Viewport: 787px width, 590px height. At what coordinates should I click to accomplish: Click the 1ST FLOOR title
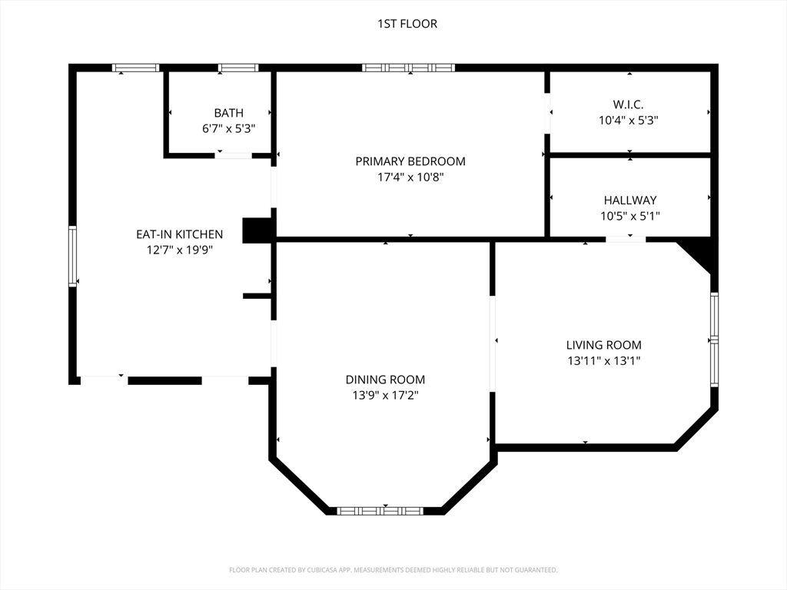(x=407, y=24)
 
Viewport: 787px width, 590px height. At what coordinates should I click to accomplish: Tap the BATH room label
(x=229, y=113)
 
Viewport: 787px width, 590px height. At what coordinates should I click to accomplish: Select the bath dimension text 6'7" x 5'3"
(x=229, y=129)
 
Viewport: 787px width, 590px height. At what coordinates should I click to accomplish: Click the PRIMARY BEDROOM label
(x=410, y=161)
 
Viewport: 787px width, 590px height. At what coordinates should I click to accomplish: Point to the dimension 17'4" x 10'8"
(x=410, y=177)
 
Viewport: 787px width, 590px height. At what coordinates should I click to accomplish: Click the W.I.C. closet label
(x=629, y=104)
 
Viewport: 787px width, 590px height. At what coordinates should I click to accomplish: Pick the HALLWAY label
(x=630, y=201)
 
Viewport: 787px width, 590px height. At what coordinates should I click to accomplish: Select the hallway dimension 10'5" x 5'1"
(x=630, y=216)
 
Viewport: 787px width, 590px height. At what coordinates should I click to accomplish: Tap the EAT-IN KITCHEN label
(x=180, y=234)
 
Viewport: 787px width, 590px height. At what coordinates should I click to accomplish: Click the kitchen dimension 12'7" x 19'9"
(x=180, y=250)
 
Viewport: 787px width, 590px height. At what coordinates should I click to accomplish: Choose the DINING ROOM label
(x=386, y=380)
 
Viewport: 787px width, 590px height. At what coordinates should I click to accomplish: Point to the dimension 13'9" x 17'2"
(x=386, y=396)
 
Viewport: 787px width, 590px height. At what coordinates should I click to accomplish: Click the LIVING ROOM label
(x=604, y=345)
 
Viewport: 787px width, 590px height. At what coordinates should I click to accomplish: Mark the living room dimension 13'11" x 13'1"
(x=604, y=361)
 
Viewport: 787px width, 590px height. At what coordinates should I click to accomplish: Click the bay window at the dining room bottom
(x=380, y=511)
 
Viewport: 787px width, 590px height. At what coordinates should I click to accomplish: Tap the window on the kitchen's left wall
(x=73, y=257)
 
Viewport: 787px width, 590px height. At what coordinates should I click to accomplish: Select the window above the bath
(x=238, y=68)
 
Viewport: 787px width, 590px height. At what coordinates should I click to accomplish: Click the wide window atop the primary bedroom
(x=409, y=68)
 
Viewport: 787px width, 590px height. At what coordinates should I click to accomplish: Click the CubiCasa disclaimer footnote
(x=393, y=570)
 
